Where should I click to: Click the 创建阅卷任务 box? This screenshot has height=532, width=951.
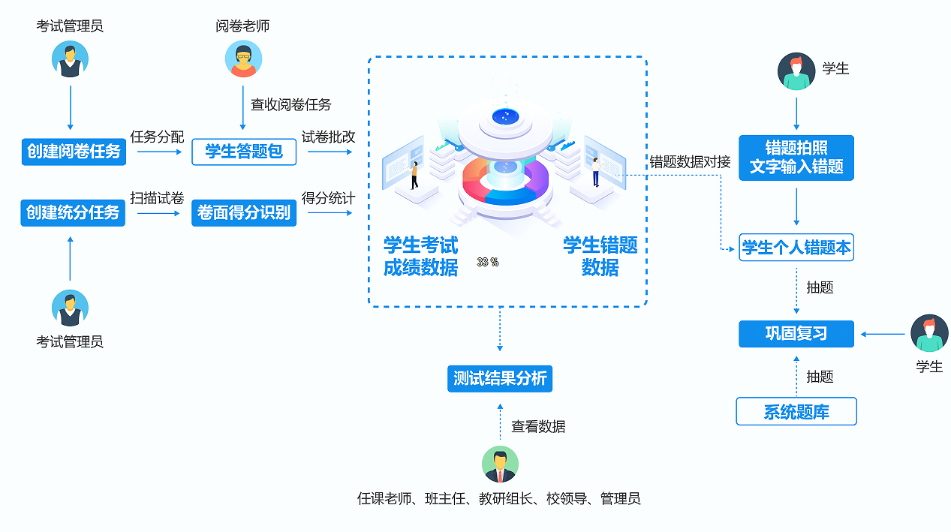(x=74, y=152)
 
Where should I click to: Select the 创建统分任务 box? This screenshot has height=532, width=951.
(x=73, y=212)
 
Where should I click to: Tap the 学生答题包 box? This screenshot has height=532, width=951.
(x=244, y=152)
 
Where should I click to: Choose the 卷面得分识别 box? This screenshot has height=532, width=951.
(x=244, y=212)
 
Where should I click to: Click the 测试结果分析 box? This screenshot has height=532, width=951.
(x=500, y=379)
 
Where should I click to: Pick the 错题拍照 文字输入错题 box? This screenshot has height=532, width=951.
(x=796, y=158)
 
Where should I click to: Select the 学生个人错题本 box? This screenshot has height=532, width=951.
(x=796, y=248)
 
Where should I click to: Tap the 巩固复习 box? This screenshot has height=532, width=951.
(x=796, y=334)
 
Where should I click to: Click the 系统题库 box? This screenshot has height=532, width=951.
(x=796, y=411)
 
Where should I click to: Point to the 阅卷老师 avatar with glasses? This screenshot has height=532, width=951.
(x=243, y=59)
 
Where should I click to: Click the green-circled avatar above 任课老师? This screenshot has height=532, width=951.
(x=500, y=464)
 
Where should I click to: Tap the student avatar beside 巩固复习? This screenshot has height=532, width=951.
(x=929, y=333)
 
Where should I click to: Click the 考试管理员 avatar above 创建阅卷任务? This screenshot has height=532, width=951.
(x=70, y=59)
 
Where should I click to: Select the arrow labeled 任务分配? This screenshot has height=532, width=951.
(x=160, y=152)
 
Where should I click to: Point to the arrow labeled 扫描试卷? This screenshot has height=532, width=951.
(x=159, y=213)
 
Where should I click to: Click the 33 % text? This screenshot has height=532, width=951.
(x=488, y=262)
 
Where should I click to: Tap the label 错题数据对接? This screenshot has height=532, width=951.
(x=690, y=162)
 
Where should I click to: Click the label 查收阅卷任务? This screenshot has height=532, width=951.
(x=290, y=104)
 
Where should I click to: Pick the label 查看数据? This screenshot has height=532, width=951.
(x=538, y=426)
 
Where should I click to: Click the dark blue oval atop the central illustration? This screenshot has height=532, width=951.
(x=505, y=116)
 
